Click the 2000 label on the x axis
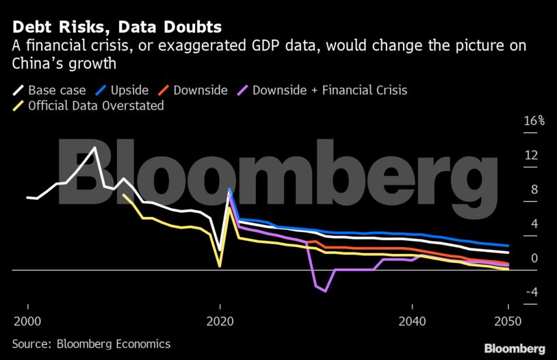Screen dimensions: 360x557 click(x=27, y=322)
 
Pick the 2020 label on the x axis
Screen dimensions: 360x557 click(x=220, y=322)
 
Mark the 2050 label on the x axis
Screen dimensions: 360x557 click(x=508, y=322)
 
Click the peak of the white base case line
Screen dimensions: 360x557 click(x=94, y=148)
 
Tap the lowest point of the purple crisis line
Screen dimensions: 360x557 click(x=325, y=291)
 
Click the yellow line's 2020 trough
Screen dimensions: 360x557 click(x=220, y=266)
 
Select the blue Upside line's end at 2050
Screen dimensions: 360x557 click(x=508, y=246)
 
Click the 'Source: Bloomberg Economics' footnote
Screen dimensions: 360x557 click(x=91, y=344)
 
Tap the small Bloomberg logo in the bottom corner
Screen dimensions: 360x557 click(x=515, y=348)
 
